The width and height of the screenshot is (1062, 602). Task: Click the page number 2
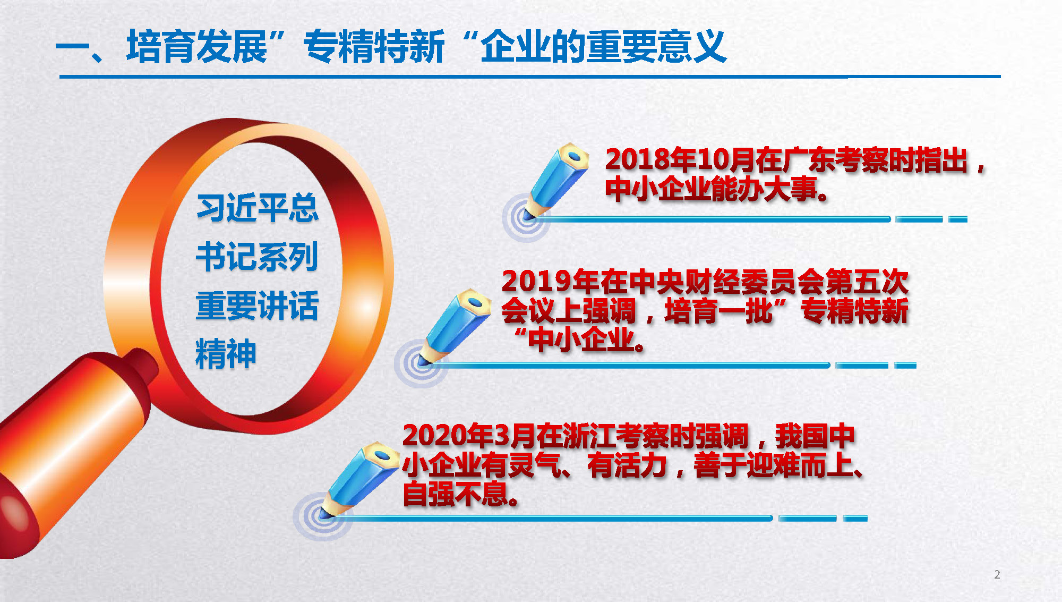[997, 574]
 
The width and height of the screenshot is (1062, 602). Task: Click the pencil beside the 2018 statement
[555, 181]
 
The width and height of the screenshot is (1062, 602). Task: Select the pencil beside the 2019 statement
[454, 327]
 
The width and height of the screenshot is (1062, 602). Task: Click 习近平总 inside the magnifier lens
[258, 208]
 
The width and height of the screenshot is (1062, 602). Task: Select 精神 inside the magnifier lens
[226, 353]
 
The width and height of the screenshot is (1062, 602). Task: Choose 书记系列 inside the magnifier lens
[258, 257]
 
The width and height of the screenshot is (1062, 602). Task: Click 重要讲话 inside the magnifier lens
[258, 306]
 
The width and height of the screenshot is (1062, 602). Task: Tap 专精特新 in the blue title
[374, 47]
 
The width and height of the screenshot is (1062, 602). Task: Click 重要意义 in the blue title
[656, 47]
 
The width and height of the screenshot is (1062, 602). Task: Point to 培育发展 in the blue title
[197, 47]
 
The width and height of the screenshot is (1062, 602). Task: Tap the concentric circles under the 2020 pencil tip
[322, 516]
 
